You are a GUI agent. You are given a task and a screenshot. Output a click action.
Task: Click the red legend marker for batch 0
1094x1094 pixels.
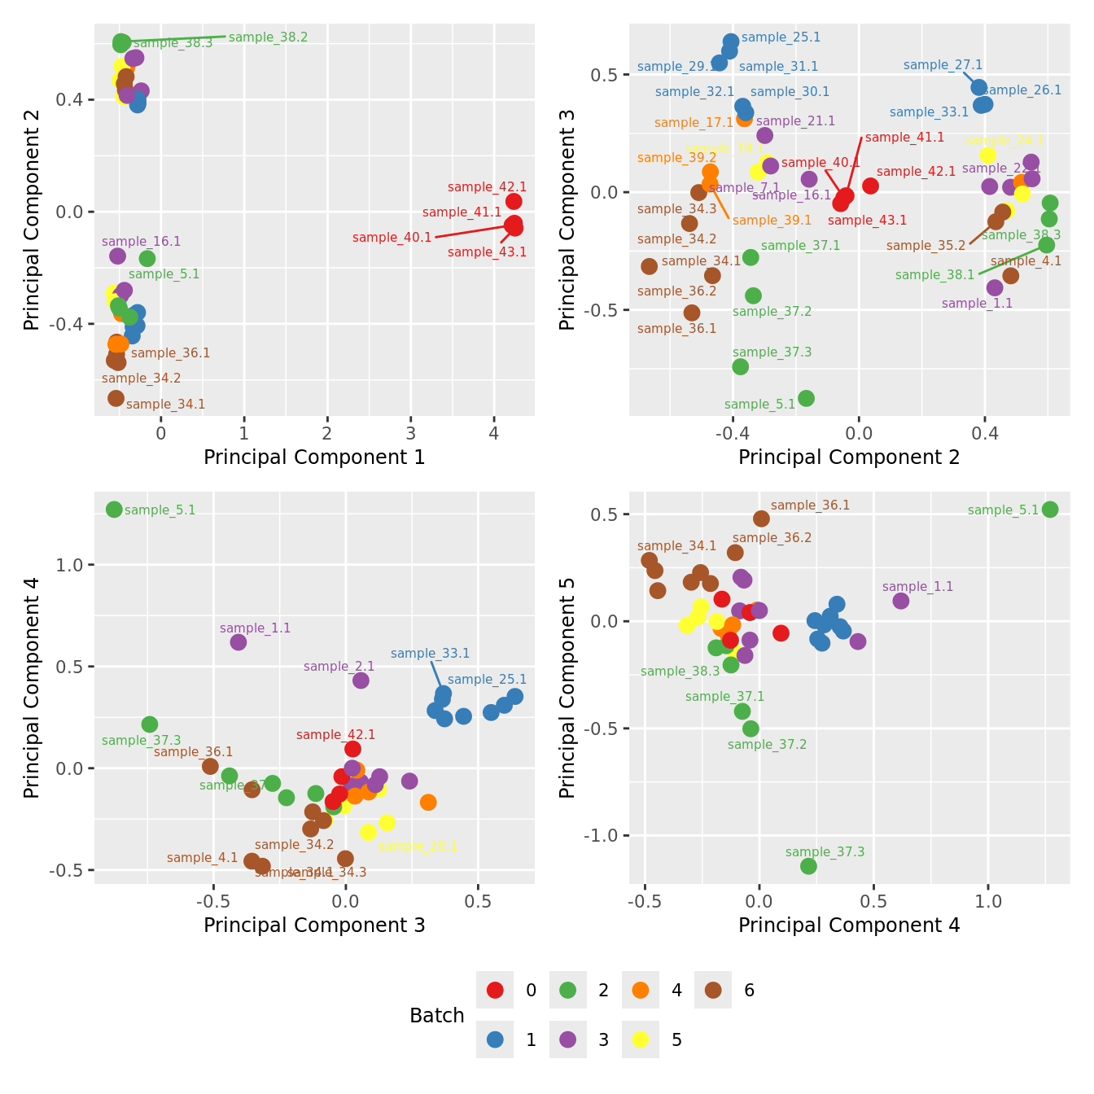tap(495, 990)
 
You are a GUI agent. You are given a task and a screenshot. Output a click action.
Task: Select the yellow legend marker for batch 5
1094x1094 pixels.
tap(641, 1039)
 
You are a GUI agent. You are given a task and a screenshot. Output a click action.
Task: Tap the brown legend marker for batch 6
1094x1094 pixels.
tap(713, 990)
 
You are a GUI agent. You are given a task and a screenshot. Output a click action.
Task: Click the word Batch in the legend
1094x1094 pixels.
tap(437, 1016)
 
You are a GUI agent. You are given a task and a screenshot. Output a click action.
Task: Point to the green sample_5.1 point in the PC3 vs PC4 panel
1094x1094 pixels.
tap(114, 510)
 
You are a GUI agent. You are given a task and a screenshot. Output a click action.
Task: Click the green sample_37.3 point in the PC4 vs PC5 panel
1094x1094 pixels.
tap(808, 866)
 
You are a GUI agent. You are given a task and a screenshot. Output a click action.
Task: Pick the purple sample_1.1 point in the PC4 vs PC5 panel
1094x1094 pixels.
tap(900, 601)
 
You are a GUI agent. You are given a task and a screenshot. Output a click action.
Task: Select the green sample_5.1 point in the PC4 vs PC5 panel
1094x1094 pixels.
tap(1050, 510)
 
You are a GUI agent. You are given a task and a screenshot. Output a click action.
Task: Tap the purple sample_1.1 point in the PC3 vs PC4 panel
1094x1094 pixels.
tap(238, 642)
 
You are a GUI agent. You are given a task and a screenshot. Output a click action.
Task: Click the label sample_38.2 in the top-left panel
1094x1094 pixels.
tap(268, 37)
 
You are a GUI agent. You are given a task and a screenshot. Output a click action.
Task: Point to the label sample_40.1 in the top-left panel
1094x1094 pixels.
tap(392, 238)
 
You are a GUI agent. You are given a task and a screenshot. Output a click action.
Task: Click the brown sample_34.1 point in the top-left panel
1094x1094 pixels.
tap(116, 398)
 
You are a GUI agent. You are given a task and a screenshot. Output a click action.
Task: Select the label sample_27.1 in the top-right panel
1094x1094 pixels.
tap(943, 65)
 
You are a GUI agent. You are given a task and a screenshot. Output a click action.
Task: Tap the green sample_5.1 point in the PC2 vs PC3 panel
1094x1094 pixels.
tap(806, 398)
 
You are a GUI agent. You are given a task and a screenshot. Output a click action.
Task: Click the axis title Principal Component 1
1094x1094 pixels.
tap(314, 457)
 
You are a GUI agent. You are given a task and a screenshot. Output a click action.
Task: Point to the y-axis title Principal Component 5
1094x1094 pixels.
tap(567, 687)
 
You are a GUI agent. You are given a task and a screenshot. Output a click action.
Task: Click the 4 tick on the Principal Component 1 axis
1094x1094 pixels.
tap(493, 433)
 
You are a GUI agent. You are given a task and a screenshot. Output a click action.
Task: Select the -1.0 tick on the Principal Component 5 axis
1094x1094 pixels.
tap(603, 836)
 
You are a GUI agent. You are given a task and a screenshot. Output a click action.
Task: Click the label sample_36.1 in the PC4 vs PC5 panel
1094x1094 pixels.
tap(810, 505)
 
